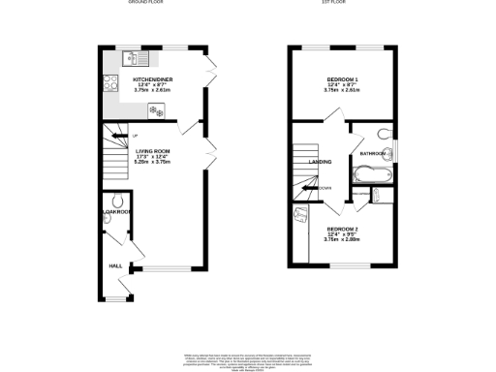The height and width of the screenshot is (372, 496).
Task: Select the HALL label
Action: (x=114, y=264)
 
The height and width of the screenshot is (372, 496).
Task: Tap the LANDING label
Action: (x=321, y=162)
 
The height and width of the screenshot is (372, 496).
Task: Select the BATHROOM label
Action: (x=373, y=153)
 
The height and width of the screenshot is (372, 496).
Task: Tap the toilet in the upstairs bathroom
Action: (x=384, y=134)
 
